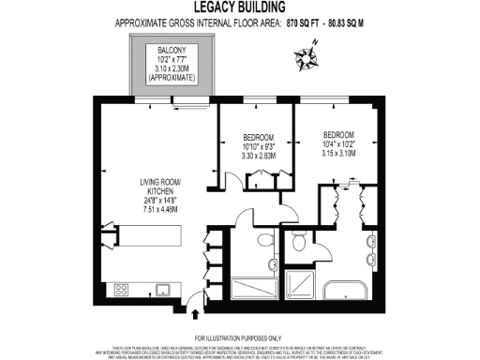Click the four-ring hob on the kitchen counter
point(120,289)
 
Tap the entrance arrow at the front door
point(194,302)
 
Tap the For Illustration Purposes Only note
point(240,337)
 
